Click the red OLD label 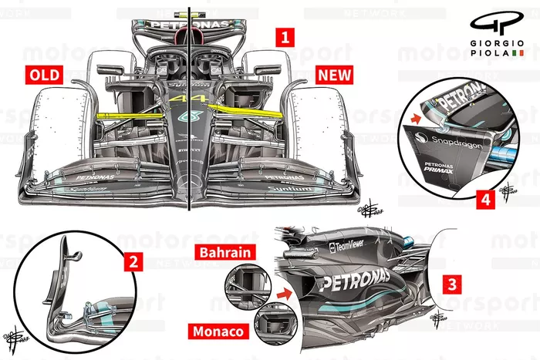point(39,75)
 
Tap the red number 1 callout point(285,37)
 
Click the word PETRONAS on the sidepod point(356,280)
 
